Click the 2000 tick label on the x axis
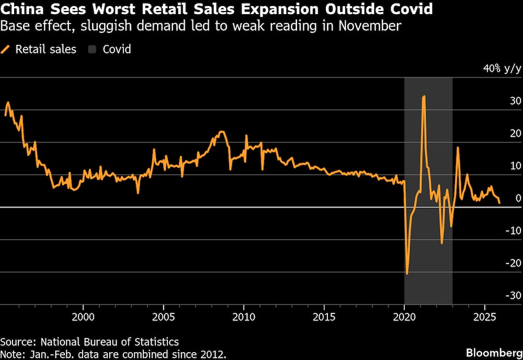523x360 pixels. point(83,317)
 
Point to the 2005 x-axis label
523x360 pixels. point(164,317)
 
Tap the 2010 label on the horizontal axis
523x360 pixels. point(244,317)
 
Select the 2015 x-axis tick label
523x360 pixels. point(324,317)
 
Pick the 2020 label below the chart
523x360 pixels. point(404,317)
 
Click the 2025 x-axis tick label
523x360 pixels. point(484,317)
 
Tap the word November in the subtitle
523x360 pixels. point(370,26)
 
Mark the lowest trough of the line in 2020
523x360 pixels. point(407,273)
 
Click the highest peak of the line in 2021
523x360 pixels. point(424,96)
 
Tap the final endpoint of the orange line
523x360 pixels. point(499,203)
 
